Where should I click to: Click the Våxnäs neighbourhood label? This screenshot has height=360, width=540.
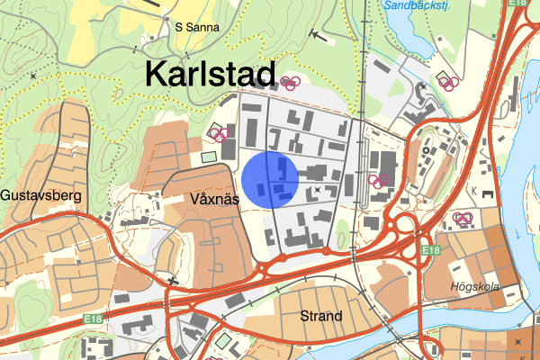click(x=214, y=199)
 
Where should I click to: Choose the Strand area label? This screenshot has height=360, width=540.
click(x=321, y=316)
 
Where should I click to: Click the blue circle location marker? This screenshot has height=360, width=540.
click(x=271, y=180)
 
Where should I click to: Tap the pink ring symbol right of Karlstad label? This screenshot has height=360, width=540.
click(x=289, y=83)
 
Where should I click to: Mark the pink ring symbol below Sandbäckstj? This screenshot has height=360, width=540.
click(x=447, y=83)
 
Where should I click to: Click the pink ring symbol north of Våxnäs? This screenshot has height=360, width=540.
click(x=219, y=134)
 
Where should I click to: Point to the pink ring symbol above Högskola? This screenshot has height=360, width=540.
click(x=463, y=218)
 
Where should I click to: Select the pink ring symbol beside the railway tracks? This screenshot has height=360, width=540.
click(x=380, y=179)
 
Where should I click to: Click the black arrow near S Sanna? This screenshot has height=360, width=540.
click(x=315, y=36)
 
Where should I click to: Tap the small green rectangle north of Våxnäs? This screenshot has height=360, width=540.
click(x=210, y=157)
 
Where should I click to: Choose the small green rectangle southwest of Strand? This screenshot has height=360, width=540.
click(x=223, y=341)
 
